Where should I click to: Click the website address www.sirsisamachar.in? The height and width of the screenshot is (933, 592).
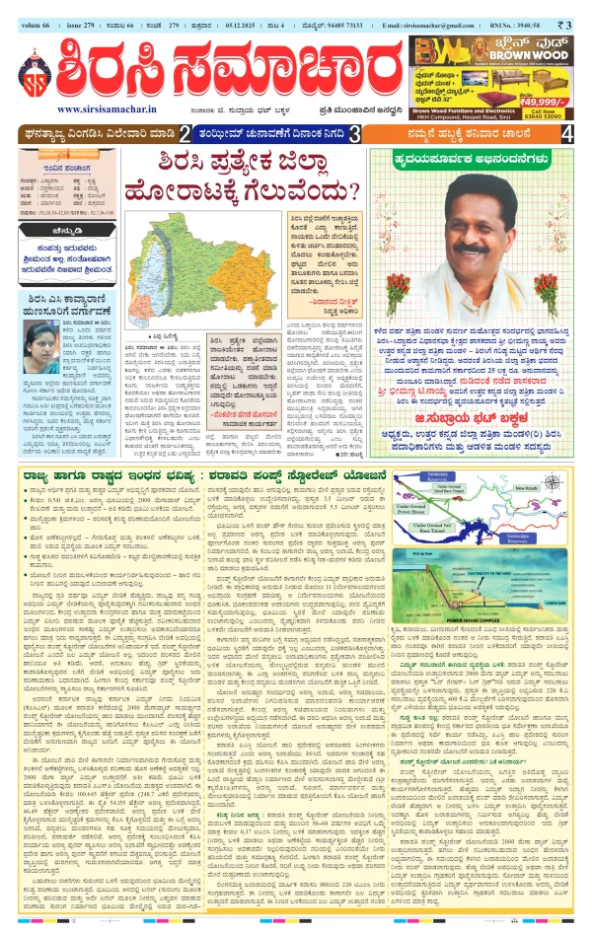pyautogui.click(x=96, y=109)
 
